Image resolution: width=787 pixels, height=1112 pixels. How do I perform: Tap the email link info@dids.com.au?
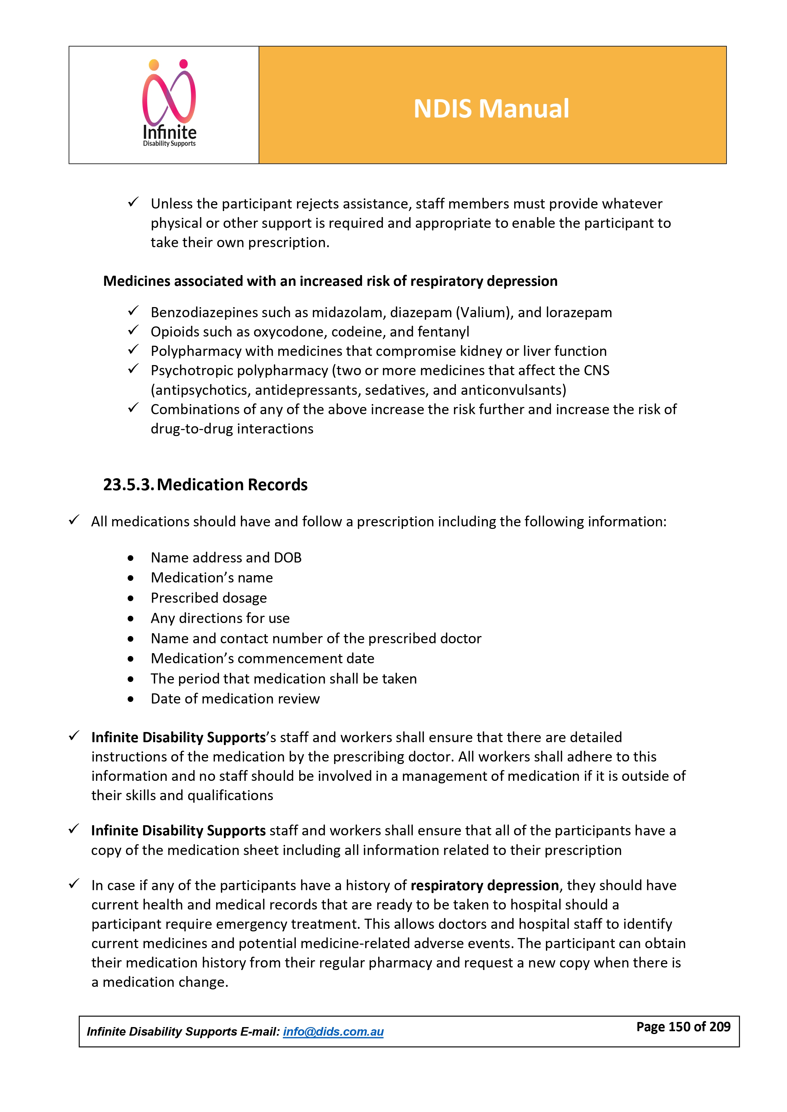333,1032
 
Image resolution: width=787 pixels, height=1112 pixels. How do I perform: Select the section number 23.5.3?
128,485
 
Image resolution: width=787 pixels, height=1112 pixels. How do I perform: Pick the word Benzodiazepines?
204,313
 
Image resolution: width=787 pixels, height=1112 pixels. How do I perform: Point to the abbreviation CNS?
596,370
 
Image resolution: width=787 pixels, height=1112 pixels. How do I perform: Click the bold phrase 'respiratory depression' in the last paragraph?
485,885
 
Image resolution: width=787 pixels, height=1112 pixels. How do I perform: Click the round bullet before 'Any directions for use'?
131,619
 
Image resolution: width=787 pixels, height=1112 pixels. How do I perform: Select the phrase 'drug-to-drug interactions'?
232,429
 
